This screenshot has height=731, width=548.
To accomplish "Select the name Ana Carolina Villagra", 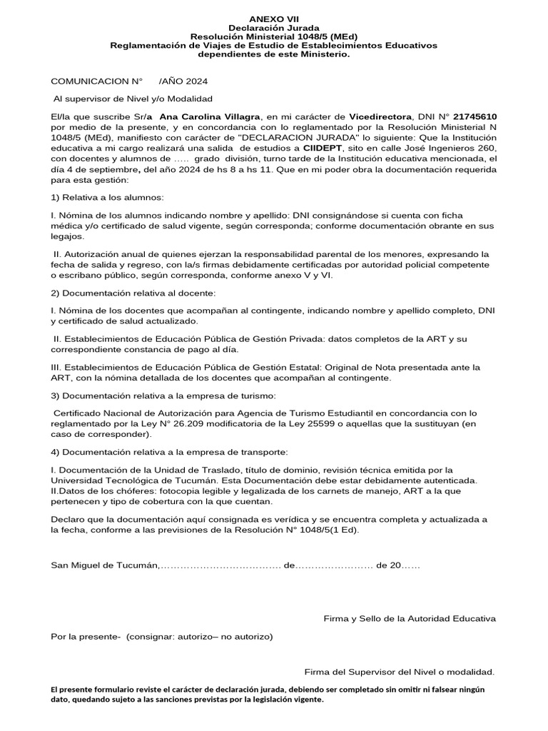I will [210, 116].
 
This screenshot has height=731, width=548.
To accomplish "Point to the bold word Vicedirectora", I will [380, 116].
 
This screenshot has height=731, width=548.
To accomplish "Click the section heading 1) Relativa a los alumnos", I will [108, 196].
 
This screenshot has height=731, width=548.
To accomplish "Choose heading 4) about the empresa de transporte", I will [170, 452].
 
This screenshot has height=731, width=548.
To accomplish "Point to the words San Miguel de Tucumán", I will [105, 565].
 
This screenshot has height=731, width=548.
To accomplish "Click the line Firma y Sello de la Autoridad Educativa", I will [410, 618].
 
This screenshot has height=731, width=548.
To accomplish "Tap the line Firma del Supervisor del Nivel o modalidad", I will [399, 672].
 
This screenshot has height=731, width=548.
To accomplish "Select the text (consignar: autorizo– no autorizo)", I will [200, 636].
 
